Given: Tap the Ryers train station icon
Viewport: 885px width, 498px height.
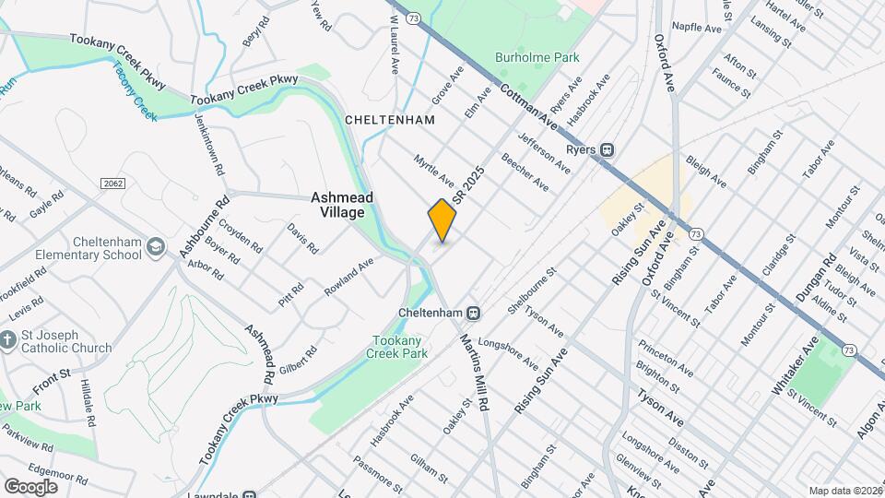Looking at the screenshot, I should click(608, 149).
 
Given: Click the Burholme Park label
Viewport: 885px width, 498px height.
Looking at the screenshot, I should click(537, 57).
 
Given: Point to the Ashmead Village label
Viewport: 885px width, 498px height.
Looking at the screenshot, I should click(337, 205).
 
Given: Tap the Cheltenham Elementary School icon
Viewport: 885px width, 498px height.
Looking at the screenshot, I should click(156, 245).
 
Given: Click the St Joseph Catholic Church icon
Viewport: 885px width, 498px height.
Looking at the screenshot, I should click(7, 340).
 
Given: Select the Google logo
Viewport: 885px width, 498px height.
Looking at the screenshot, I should click(30, 486).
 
